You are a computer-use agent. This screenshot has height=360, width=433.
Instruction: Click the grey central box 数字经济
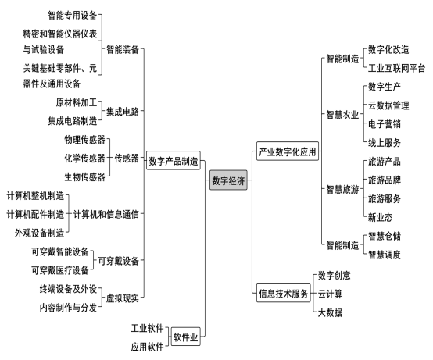228,180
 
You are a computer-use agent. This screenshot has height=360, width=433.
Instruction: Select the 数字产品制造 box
174,160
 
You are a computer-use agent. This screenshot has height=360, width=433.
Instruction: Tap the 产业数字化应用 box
288,151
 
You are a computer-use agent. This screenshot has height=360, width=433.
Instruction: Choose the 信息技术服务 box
284,293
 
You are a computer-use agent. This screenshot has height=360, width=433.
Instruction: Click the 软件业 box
185,337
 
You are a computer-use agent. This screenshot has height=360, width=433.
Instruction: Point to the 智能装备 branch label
123,49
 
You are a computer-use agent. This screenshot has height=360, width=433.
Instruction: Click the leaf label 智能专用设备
73,15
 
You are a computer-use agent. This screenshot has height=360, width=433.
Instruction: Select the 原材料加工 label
77,102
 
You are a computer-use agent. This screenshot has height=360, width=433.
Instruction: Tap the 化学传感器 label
84,158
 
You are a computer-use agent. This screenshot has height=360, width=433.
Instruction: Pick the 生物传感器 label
84,176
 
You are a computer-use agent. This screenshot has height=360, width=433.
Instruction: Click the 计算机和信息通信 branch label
106,214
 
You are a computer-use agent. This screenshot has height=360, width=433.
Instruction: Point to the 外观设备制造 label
40,233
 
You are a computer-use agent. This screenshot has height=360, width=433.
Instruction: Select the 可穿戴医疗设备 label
60,270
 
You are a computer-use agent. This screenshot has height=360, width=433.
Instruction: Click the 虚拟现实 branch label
123,298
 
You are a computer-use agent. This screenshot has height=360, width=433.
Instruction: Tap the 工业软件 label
147,328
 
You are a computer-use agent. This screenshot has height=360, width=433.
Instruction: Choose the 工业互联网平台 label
396,68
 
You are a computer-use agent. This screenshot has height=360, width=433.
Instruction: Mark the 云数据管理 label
388,105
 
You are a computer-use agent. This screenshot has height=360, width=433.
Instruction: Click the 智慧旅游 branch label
342,189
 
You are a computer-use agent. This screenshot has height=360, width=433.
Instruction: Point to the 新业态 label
381,217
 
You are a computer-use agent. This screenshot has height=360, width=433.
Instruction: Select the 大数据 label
330,312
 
